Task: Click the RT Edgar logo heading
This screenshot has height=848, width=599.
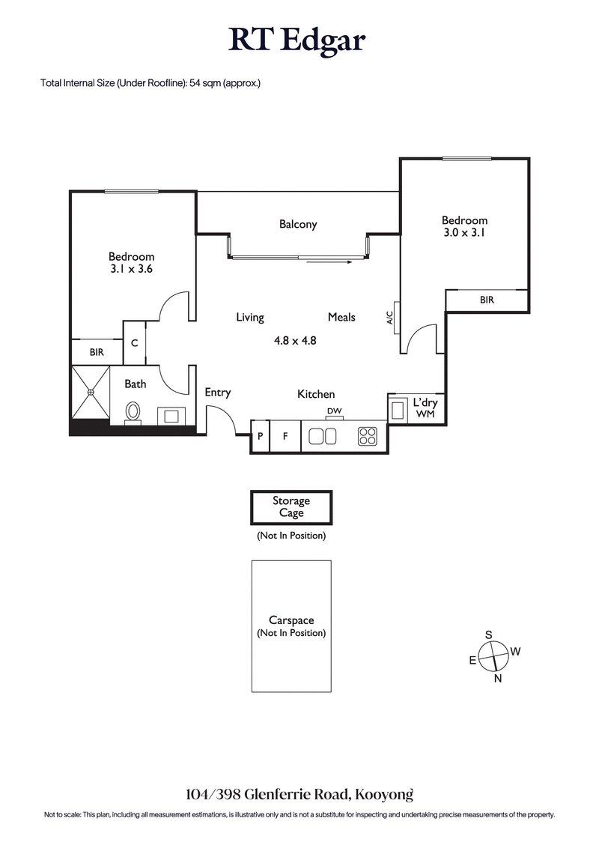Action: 298,40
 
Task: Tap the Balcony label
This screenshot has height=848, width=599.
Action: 298,224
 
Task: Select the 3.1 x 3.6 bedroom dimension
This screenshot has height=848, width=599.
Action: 131,270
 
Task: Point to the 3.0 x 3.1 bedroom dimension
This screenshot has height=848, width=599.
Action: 464,234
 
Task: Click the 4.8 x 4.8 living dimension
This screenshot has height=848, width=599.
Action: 295,340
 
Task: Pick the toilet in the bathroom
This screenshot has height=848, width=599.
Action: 133,412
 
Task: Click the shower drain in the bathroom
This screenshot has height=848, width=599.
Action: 90,391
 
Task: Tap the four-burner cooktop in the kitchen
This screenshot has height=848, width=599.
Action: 367,437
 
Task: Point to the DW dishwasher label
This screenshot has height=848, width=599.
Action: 334,411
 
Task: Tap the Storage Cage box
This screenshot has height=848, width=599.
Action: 291,507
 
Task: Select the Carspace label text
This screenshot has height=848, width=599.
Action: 291,620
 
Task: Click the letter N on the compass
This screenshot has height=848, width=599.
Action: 497,679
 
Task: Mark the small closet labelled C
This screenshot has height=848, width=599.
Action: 134,342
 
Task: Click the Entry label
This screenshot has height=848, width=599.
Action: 217,393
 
